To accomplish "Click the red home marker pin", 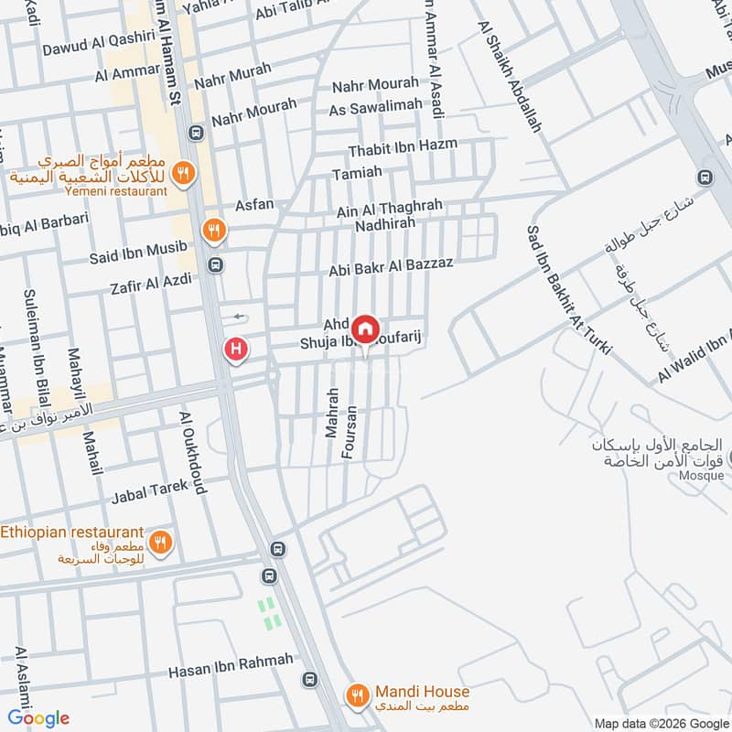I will coord(365,328).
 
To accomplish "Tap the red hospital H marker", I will coord(237,349).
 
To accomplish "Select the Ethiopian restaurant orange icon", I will coord(161,543).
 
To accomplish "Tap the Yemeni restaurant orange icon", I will coord(183,172).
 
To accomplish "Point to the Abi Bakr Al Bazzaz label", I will coord(392,268).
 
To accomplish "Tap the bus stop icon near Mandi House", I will coord(309,680).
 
